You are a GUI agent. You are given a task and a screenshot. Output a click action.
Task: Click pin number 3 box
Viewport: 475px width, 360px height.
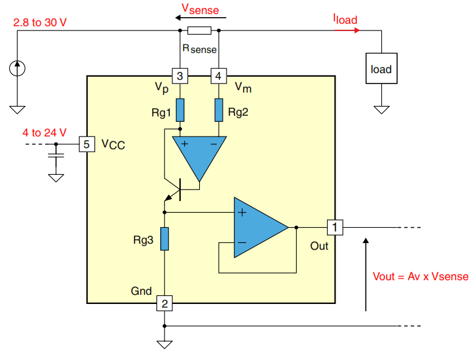(180, 76)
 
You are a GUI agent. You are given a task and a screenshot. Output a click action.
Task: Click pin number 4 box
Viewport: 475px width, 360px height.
(217, 76)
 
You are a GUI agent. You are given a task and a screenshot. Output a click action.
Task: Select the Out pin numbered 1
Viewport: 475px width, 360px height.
(335, 228)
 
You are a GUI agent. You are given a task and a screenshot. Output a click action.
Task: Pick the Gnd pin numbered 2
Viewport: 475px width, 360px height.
(164, 303)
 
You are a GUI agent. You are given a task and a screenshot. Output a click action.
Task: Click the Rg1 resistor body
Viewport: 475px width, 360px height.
(180, 110)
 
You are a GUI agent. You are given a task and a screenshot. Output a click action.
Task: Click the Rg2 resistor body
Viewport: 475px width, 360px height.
(218, 110)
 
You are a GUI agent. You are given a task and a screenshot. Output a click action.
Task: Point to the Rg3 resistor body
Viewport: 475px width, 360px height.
(164, 238)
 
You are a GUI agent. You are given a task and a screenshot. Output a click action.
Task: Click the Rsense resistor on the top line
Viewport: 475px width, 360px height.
(199, 31)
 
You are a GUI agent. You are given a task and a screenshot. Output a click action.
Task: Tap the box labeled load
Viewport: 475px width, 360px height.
(381, 69)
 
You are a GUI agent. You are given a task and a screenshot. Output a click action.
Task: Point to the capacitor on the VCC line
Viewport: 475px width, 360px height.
(56, 157)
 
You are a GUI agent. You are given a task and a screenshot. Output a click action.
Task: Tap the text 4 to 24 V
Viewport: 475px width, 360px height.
(44, 132)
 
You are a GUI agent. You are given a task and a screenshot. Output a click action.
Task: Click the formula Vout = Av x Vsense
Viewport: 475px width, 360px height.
(420, 276)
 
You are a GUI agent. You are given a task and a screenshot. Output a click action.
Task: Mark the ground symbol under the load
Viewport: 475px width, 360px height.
(382, 110)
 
